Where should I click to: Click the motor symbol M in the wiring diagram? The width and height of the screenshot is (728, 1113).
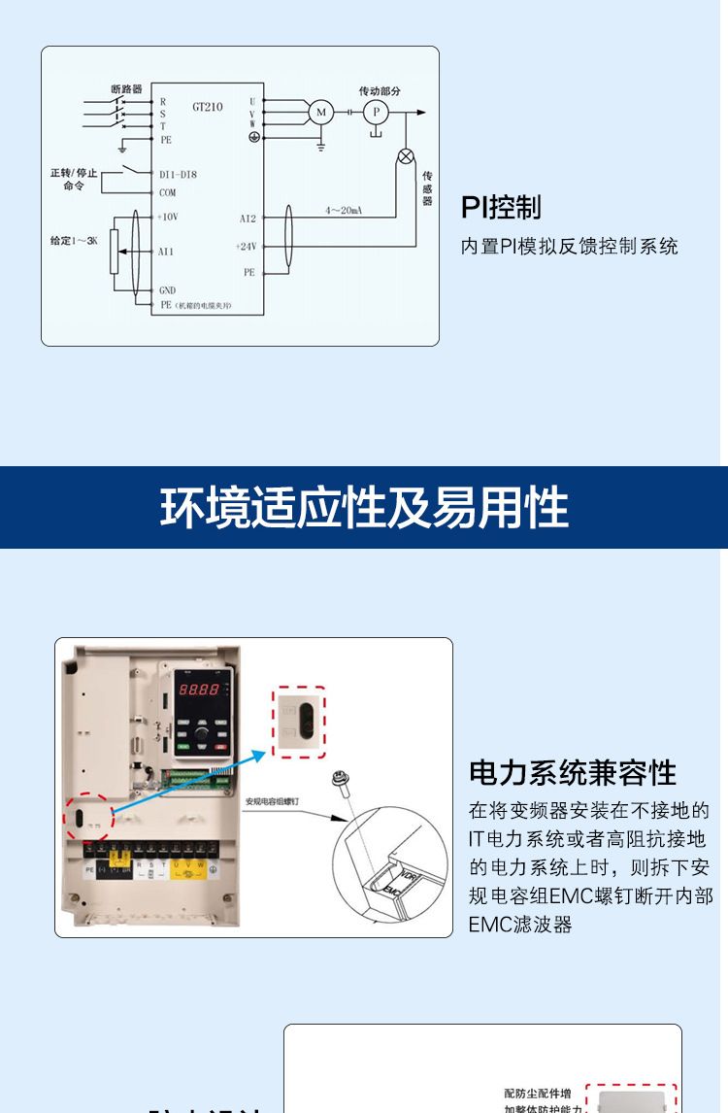coord(320,113)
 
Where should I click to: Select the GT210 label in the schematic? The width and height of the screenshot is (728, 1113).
coord(207,107)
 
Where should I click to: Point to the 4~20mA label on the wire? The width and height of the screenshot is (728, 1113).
coord(344,210)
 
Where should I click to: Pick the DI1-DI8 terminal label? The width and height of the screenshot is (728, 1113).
coord(178,175)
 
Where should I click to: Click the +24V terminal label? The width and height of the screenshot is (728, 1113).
coord(246,247)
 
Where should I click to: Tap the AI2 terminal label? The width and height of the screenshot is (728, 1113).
coord(248,219)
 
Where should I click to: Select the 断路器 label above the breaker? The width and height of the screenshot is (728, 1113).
coord(127,89)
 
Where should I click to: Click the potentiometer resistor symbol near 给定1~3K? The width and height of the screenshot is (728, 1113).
coord(114,252)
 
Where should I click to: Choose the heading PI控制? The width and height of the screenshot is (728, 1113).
coord(501,207)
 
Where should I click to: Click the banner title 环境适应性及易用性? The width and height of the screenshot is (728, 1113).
coord(364,508)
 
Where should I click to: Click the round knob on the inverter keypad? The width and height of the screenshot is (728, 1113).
coord(202,738)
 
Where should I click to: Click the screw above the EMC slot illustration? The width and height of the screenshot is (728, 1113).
coord(341,780)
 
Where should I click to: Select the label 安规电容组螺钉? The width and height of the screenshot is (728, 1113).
coord(272,802)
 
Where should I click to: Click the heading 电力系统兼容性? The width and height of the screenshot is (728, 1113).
coord(573,773)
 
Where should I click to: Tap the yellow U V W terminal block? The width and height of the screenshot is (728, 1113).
coord(188,867)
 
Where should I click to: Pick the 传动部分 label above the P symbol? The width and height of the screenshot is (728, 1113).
coord(380,90)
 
